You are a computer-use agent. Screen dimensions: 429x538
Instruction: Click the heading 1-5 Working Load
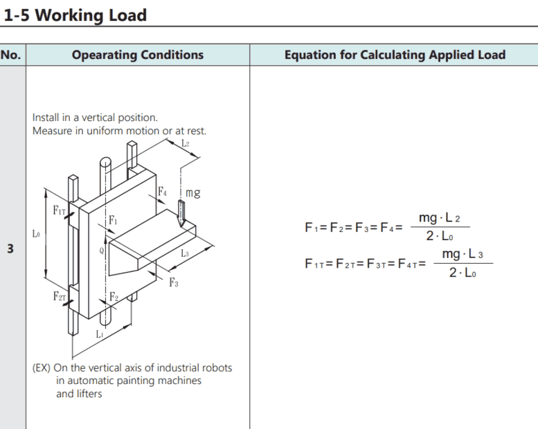(75, 15)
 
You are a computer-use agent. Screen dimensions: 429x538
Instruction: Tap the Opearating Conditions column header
(138, 55)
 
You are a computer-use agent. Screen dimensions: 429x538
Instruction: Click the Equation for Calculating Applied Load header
(395, 55)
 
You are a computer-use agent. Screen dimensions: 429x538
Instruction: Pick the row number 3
(10, 248)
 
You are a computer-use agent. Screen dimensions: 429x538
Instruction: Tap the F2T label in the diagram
(59, 296)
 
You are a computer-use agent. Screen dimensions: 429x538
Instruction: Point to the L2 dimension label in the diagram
(185, 143)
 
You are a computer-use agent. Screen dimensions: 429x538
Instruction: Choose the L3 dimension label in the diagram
(185, 254)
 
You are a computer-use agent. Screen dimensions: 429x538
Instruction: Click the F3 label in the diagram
(174, 282)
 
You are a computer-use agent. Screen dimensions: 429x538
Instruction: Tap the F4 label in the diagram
(162, 190)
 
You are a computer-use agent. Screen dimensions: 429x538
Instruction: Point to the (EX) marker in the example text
(41, 367)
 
